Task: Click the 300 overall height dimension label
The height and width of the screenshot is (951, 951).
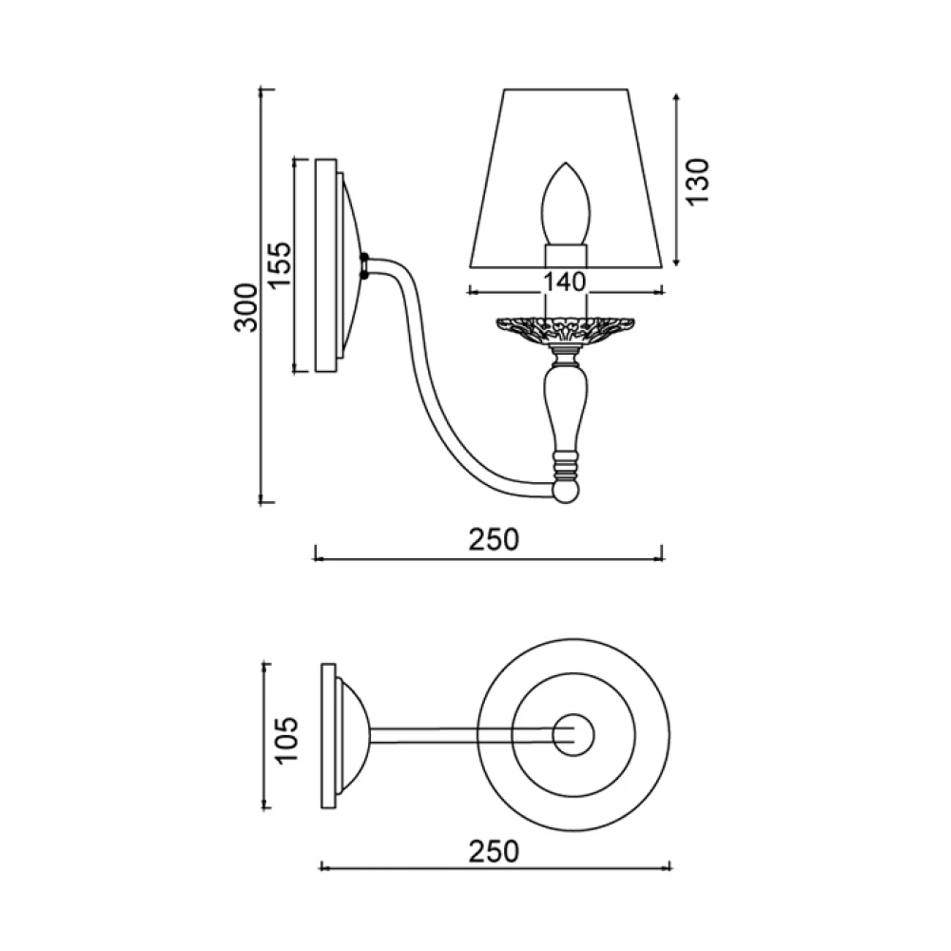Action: (246, 307)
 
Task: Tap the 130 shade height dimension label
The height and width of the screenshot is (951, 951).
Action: (697, 181)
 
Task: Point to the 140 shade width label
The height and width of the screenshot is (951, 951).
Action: (564, 282)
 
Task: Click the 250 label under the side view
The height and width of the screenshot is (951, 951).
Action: (494, 539)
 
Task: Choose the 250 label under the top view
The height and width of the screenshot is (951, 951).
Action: (494, 851)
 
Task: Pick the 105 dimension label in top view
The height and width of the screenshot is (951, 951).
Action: (286, 739)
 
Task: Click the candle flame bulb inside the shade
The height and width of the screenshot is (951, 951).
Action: (565, 204)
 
